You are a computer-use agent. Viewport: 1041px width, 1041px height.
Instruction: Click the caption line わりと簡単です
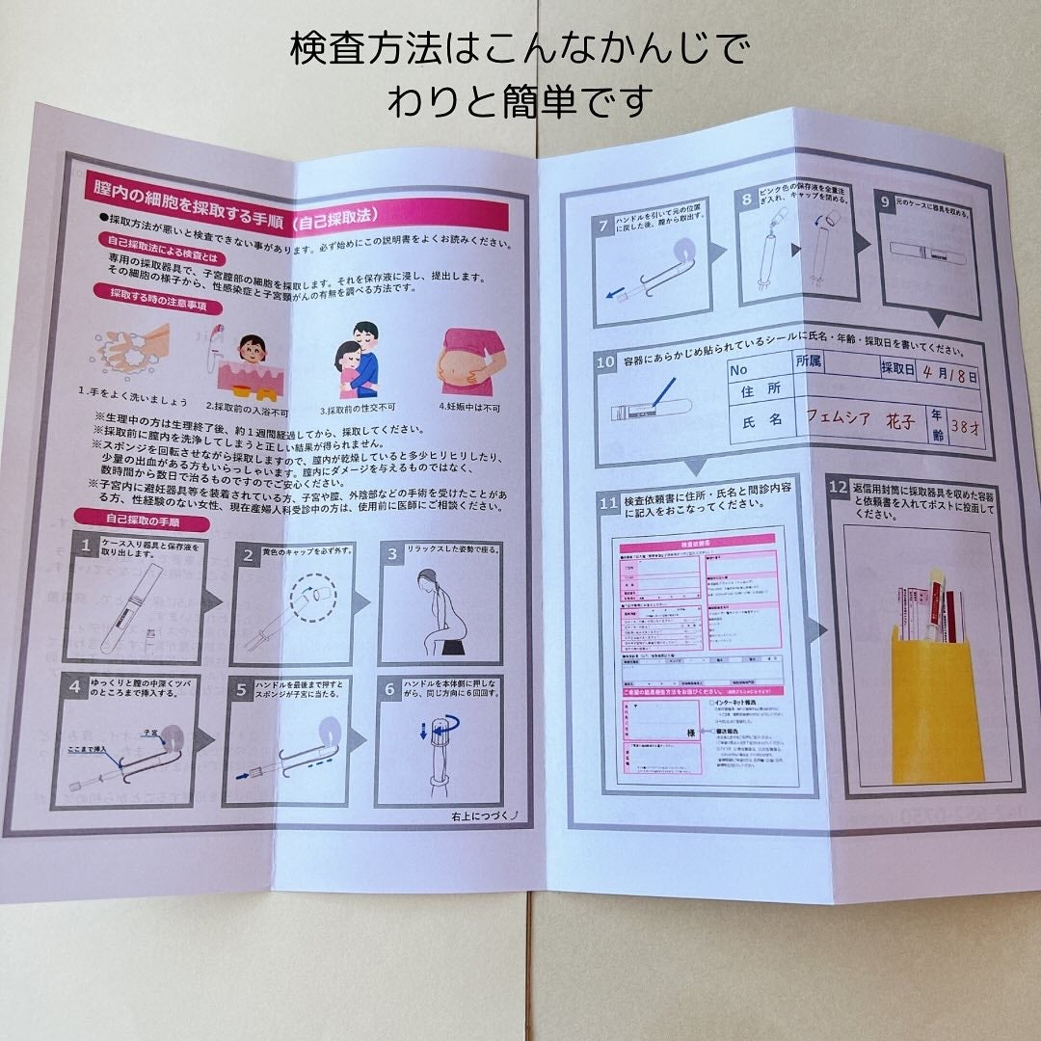(x=520, y=100)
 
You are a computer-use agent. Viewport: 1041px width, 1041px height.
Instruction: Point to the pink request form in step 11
(x=699, y=655)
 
